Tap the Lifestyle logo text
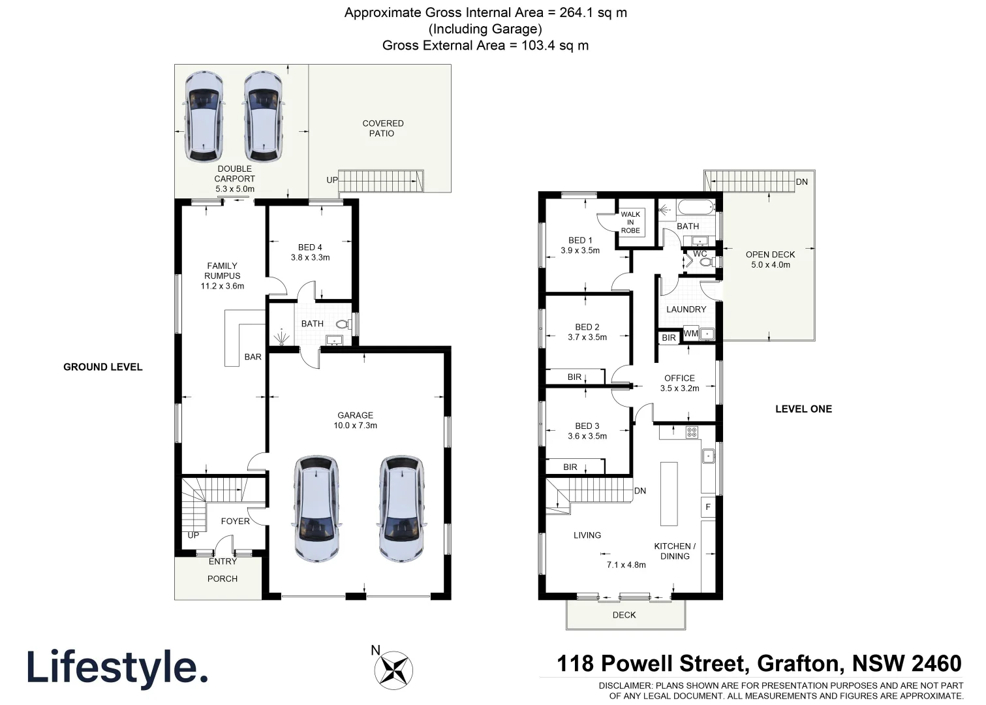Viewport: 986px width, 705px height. [117, 668]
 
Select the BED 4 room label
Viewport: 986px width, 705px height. [310, 253]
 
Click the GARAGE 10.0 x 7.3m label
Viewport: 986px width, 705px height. [355, 420]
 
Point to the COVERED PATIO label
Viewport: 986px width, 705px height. [382, 128]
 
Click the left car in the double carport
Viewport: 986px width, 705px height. [204, 117]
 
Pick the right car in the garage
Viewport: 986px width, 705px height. [401, 509]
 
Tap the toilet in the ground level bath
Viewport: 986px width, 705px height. [342, 324]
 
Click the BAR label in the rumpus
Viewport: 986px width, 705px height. [253, 357]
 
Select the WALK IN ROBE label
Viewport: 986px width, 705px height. [630, 223]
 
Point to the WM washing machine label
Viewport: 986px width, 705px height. [690, 334]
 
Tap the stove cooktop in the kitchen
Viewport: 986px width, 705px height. [691, 432]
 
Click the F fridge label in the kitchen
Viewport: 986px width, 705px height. [708, 507]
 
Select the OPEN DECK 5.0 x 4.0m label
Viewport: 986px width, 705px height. [770, 260]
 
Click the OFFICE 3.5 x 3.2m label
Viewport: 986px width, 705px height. [679, 383]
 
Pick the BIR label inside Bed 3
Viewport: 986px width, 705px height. [570, 467]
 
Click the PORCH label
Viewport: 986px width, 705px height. [222, 579]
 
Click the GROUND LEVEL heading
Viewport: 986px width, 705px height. [102, 367]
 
